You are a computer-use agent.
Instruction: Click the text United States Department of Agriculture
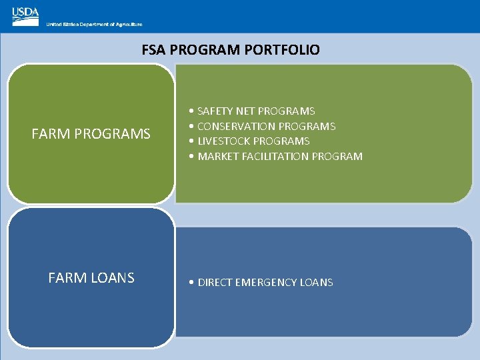94,24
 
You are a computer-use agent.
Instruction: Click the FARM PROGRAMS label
91,135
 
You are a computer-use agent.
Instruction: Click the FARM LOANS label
91,278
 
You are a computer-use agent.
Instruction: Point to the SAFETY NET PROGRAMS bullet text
256,111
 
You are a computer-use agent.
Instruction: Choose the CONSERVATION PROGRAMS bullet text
266,127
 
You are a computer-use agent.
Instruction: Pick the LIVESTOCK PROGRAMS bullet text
253,141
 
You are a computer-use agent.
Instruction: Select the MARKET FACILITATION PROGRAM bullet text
280,157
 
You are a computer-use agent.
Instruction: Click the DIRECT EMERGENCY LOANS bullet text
265,283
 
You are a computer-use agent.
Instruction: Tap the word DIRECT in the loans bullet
213,283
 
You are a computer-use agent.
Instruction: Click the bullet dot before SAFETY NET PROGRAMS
191,111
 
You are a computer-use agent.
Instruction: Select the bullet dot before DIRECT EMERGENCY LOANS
191,283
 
